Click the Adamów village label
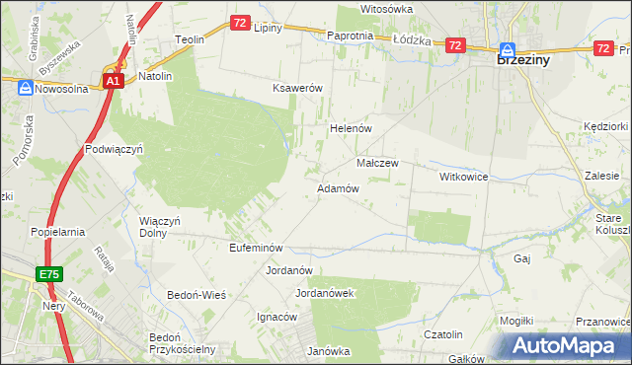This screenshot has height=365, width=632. click(x=337, y=187)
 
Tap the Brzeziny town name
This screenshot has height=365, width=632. click(x=522, y=59)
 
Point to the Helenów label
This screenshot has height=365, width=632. click(x=349, y=128)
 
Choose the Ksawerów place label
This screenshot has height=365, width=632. click(x=298, y=88)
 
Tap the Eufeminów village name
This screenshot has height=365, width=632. click(x=256, y=248)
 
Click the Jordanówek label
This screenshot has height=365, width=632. click(x=325, y=293)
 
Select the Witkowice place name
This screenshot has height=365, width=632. click(x=464, y=176)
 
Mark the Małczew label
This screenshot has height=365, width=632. click(x=376, y=163)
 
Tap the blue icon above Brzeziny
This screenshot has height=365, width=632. click(x=508, y=48)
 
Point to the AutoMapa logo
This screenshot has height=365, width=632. click(x=567, y=344)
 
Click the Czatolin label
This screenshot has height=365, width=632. click(x=442, y=335)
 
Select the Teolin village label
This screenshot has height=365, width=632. click(x=189, y=39)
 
